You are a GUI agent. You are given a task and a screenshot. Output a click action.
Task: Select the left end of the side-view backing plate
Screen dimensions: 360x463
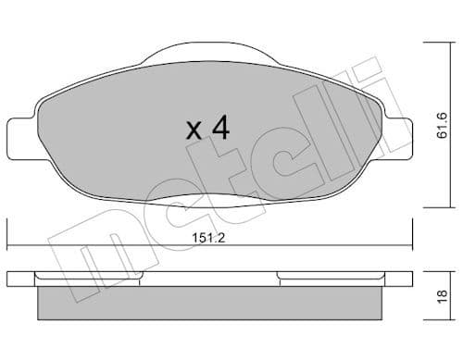[x=9, y=279]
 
